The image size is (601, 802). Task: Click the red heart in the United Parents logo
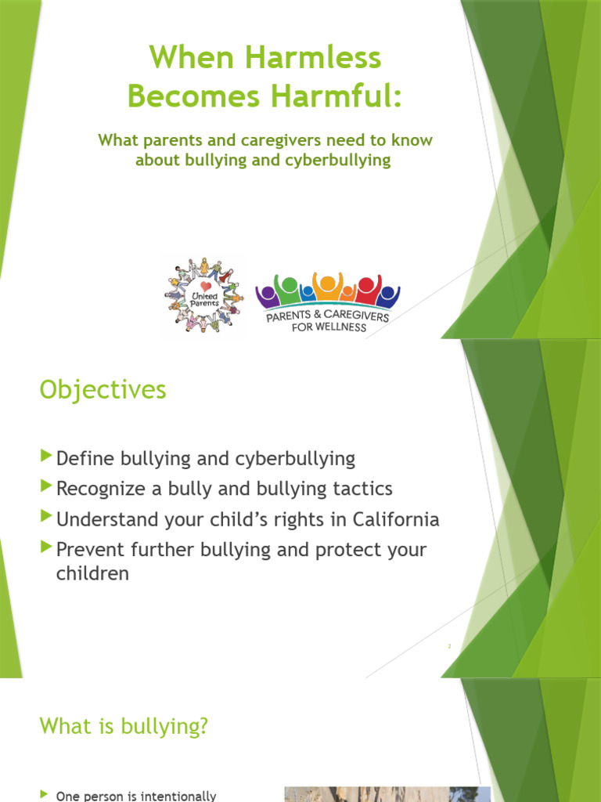[x=204, y=287]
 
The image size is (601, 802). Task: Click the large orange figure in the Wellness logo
[x=327, y=287]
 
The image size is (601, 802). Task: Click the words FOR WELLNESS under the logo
[x=328, y=327]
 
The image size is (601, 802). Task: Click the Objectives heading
[x=103, y=389]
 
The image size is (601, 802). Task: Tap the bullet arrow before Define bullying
[x=46, y=456]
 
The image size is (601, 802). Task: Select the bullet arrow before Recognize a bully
[x=46, y=487]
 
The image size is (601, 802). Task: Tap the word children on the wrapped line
[x=92, y=574]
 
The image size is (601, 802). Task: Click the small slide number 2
[x=450, y=647]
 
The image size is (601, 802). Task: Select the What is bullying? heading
[x=124, y=726]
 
